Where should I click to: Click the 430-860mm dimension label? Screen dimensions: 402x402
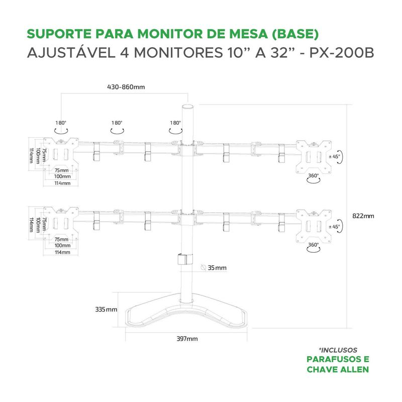point(126,87)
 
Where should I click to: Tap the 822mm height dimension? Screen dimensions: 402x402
point(363,216)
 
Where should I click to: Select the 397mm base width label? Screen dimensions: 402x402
point(187,339)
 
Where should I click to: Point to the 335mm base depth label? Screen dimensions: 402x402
point(107,310)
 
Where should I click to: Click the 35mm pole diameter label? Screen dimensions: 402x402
point(217,268)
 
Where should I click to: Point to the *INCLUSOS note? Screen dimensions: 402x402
point(338,350)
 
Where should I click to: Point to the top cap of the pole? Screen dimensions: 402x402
point(187,108)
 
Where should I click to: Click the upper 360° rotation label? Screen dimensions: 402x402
point(314,176)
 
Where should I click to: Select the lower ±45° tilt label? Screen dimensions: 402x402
point(334,227)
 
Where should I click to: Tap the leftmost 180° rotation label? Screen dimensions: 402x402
point(61,123)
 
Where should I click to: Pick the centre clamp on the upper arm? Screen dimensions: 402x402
point(187,150)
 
